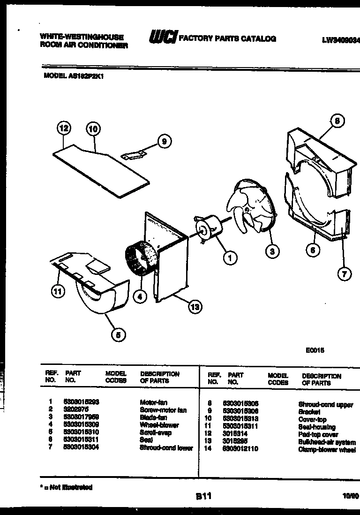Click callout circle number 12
point(64,128)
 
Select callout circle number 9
point(164,141)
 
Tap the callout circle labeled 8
point(337,121)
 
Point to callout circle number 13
point(194,308)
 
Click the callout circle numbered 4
point(139,296)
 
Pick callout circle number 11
point(57,292)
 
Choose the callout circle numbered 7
point(345,274)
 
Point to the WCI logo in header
point(162,37)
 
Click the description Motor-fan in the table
point(153,402)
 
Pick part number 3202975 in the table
point(74,410)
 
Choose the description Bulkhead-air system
point(327,442)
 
